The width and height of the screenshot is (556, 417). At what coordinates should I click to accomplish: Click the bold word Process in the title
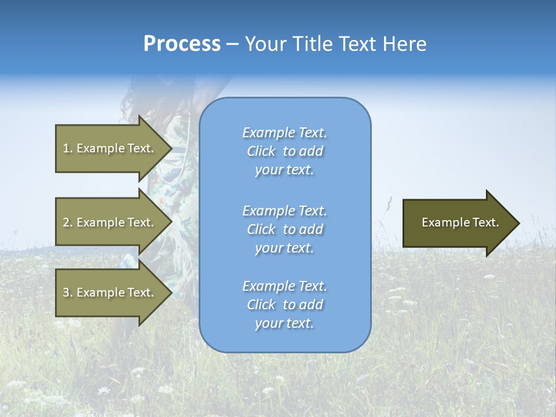182,44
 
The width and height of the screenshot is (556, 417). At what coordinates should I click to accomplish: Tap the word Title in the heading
313,44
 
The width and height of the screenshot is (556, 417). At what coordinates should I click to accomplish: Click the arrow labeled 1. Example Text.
110,148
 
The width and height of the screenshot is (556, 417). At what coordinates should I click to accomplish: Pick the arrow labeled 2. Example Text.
110,222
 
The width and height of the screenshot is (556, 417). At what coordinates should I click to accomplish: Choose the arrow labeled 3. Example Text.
110,292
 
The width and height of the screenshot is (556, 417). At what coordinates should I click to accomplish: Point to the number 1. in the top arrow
67,148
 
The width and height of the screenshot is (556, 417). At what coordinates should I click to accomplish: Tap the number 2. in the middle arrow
67,222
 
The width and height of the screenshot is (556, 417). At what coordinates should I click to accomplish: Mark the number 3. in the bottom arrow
67,292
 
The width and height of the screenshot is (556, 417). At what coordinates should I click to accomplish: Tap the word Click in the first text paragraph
261,151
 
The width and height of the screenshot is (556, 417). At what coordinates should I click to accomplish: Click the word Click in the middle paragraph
261,229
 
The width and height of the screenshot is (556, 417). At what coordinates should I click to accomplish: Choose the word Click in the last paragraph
261,305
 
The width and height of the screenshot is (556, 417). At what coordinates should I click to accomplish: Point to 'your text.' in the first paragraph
284,170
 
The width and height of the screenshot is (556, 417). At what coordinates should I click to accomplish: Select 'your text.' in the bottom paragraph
284,324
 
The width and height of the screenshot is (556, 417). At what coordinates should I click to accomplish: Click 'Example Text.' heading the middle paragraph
284,210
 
